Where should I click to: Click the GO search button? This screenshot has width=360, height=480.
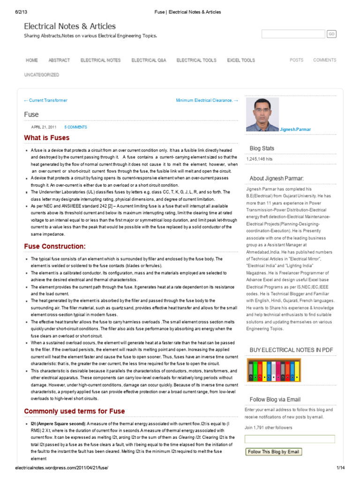(331, 34)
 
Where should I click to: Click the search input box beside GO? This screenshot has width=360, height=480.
(293, 34)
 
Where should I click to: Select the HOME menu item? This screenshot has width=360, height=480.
(32, 60)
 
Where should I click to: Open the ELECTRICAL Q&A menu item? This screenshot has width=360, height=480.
(149, 60)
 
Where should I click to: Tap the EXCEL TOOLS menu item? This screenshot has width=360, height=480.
(241, 60)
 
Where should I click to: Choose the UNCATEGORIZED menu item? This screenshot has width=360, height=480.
(42, 75)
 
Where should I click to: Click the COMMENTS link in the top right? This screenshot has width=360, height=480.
(324, 60)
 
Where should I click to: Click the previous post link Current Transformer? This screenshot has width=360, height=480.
(45, 100)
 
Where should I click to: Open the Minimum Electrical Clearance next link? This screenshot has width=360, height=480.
(207, 100)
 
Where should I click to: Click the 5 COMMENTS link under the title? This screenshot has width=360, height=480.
(75, 127)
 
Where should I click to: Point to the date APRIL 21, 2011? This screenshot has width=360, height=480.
(44, 127)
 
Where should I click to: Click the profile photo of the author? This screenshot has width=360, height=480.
(262, 114)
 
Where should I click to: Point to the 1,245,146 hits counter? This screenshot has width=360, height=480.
(260, 159)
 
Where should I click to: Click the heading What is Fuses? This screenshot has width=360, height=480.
(47, 138)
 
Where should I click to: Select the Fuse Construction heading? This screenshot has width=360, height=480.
(55, 246)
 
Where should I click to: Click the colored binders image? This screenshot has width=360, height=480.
(273, 370)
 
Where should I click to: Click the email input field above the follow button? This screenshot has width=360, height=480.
(290, 439)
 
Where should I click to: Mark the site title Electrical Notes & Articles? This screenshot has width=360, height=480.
(70, 26)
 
